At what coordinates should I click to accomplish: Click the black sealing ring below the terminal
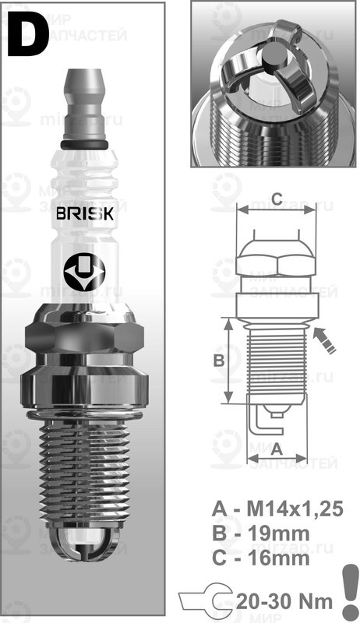point(86,145)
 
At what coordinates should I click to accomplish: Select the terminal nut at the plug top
point(86,93)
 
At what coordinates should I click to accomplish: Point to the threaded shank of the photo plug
point(83,467)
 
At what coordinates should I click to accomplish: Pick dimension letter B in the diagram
point(220,361)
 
